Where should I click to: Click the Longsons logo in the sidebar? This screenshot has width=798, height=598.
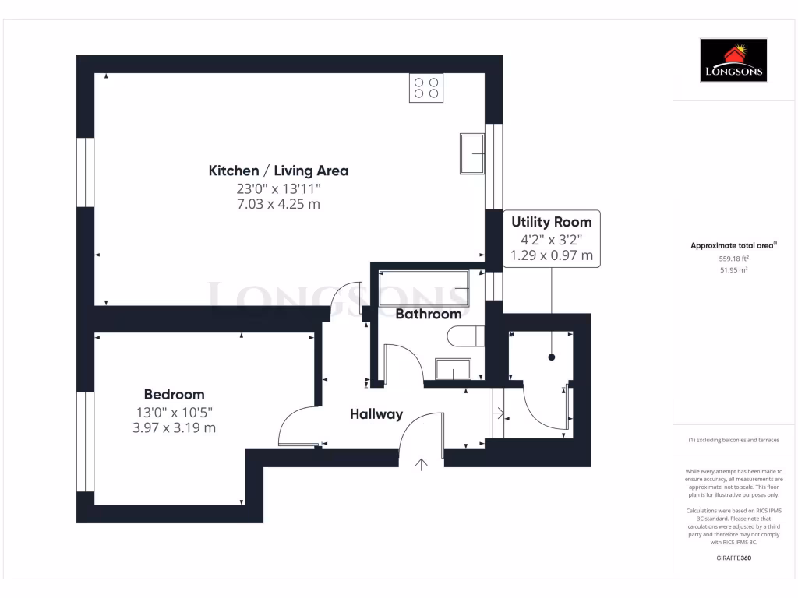(733, 61)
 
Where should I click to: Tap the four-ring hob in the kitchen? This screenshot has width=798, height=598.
(425, 87)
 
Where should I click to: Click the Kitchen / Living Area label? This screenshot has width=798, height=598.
(278, 171)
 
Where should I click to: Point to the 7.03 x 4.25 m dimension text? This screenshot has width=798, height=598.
(278, 204)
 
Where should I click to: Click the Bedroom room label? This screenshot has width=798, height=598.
(174, 394)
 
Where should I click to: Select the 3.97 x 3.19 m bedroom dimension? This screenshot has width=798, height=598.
(174, 427)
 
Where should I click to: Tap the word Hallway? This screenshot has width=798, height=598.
(376, 414)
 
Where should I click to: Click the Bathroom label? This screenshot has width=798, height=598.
(429, 315)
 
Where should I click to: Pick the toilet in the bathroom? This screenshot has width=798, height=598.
(466, 336)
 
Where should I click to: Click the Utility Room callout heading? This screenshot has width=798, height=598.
(552, 222)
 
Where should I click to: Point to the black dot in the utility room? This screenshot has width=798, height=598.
(552, 357)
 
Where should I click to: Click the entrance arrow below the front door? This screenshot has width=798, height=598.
(422, 465)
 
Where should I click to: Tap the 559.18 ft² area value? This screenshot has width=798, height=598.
(733, 259)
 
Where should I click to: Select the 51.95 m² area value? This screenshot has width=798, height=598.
(733, 269)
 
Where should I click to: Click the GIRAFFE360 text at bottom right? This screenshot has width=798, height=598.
(733, 558)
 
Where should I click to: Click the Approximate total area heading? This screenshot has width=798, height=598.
(733, 245)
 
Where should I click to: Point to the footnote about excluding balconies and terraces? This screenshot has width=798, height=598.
(733, 441)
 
